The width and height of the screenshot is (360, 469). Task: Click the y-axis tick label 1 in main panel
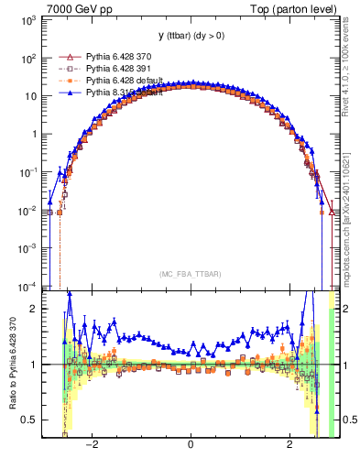click(34, 134)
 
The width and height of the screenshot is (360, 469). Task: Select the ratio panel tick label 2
click(34, 309)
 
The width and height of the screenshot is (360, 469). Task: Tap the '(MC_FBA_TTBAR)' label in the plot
click(190, 274)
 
